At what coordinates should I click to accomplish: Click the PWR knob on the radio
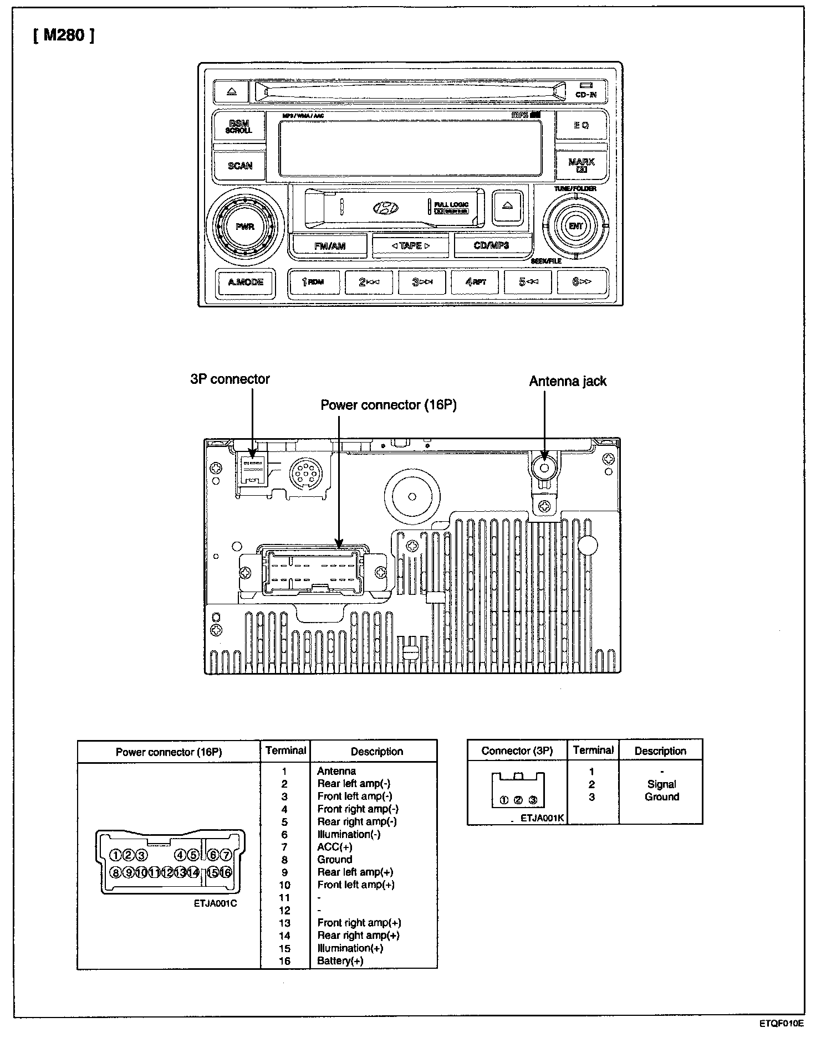point(244,227)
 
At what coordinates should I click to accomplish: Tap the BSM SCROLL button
point(239,127)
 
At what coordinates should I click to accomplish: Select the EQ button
point(581,125)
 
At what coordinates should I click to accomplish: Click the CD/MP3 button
point(491,245)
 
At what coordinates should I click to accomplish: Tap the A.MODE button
point(246,282)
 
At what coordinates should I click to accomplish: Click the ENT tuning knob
point(576,226)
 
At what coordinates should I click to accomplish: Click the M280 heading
point(63,36)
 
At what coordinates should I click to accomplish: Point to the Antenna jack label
point(568,381)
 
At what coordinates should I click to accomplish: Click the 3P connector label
point(229,379)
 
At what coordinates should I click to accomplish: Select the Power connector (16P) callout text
point(389,405)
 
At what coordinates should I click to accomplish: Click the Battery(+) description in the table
point(340,961)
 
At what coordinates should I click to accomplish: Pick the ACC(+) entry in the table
point(334,847)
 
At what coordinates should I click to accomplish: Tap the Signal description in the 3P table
point(661,784)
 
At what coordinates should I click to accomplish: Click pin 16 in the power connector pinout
point(226,873)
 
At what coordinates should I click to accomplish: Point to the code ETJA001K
point(542,818)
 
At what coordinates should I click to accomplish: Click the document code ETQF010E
point(781,1024)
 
